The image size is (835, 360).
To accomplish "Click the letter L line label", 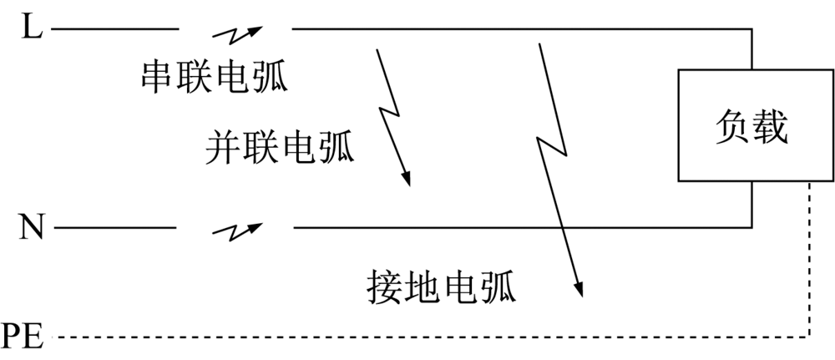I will coord(31,29).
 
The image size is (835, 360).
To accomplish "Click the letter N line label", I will coord(31,227).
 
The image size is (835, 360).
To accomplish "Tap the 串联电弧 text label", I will coord(214,76).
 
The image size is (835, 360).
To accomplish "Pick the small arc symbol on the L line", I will coord(237,34).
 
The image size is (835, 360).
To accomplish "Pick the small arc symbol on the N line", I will coord(237,230).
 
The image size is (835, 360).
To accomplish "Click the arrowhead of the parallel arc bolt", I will coord(407,179).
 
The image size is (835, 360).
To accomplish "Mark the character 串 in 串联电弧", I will coord(157,76).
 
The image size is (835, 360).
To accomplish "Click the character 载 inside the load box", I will coord(772,128).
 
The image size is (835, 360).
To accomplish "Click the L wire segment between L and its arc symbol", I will coord(117,29).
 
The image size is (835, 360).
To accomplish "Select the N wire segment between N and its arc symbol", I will coord(117,227).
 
